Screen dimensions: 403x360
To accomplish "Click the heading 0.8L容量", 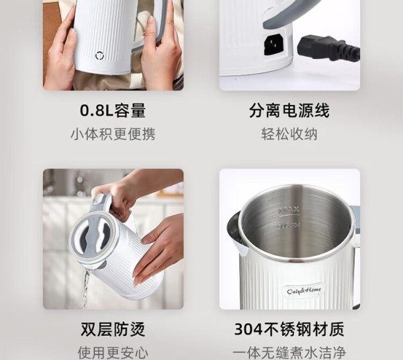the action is [x=113, y=110].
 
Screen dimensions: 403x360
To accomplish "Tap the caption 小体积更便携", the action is [x=113, y=134].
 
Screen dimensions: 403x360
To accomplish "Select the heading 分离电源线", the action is [x=289, y=110].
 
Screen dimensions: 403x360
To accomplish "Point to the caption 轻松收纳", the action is [x=289, y=134].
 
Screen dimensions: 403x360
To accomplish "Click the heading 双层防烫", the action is [x=113, y=329].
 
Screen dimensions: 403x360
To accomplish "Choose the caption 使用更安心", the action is [x=113, y=353].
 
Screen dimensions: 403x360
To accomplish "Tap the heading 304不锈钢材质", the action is [x=289, y=329].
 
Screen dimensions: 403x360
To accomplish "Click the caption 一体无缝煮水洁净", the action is [x=289, y=353].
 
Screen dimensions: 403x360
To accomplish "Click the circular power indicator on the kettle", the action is [x=99, y=56].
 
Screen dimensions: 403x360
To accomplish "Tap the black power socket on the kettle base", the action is [x=274, y=45].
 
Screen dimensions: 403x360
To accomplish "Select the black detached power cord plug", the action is [x=328, y=48].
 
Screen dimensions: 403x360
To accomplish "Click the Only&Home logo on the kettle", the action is [x=304, y=291].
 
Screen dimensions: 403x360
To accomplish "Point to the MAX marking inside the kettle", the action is [x=289, y=211].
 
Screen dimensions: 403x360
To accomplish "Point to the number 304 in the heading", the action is [x=248, y=329].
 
